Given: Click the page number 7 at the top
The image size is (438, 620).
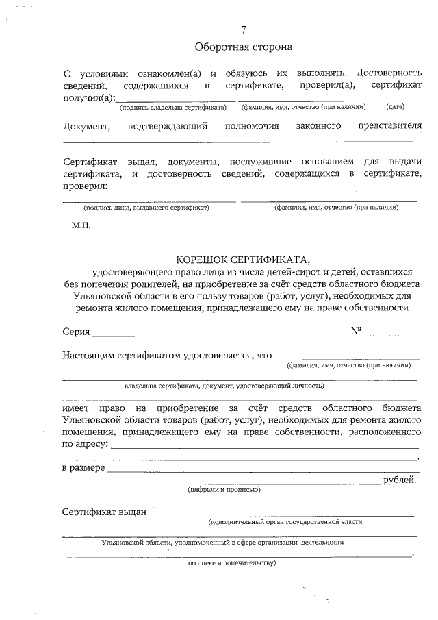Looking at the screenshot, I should (x=243, y=29).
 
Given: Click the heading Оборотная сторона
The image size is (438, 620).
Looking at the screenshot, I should (x=243, y=47).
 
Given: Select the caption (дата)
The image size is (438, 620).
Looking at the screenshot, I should (x=395, y=107).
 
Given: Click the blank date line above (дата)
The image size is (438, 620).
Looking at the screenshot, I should (x=395, y=100).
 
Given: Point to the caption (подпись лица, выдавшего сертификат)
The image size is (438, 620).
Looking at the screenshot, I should (x=146, y=207).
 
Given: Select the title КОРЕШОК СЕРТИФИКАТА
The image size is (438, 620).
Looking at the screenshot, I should (x=243, y=260).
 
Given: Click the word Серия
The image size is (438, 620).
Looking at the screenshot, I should (x=76, y=332).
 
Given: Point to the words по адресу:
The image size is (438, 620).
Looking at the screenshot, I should (x=85, y=445).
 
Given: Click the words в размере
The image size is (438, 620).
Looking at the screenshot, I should (x=83, y=468).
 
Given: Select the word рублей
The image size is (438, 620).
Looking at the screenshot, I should (x=400, y=480).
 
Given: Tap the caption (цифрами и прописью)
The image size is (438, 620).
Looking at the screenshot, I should (x=224, y=490).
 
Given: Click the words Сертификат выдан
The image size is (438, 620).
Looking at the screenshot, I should (x=104, y=512).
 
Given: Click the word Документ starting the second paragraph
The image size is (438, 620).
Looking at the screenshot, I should (x=86, y=126).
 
